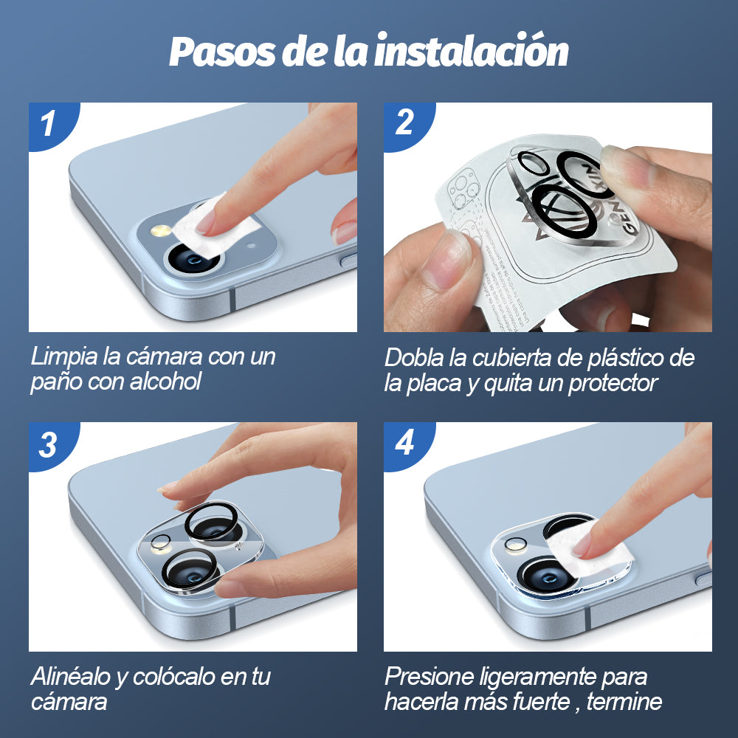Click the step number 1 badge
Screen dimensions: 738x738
coord(48,123)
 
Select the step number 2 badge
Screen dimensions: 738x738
coord(404,122)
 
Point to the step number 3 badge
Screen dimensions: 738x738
coord(48,444)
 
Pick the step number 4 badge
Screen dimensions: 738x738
coord(404,443)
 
